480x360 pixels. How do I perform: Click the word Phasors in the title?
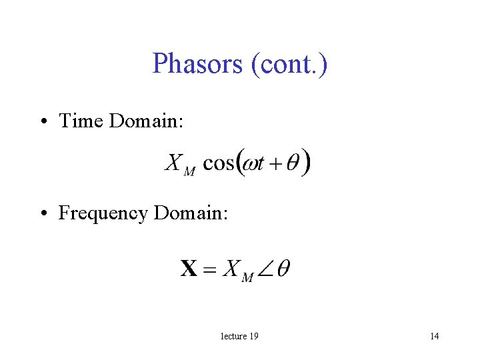[x=198, y=64]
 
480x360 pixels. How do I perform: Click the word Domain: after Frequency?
[x=191, y=213]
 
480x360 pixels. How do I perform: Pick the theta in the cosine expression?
[x=292, y=163]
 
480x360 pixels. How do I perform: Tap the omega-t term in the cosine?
[x=253, y=164]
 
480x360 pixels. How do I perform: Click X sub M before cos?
[x=179, y=165]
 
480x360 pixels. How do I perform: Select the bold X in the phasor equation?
[x=189, y=269]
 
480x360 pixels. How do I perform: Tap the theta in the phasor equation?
[x=283, y=269]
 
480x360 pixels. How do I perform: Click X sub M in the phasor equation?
[x=237, y=271]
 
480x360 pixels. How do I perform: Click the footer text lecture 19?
[x=239, y=336]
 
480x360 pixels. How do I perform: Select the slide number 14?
[x=434, y=336]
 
